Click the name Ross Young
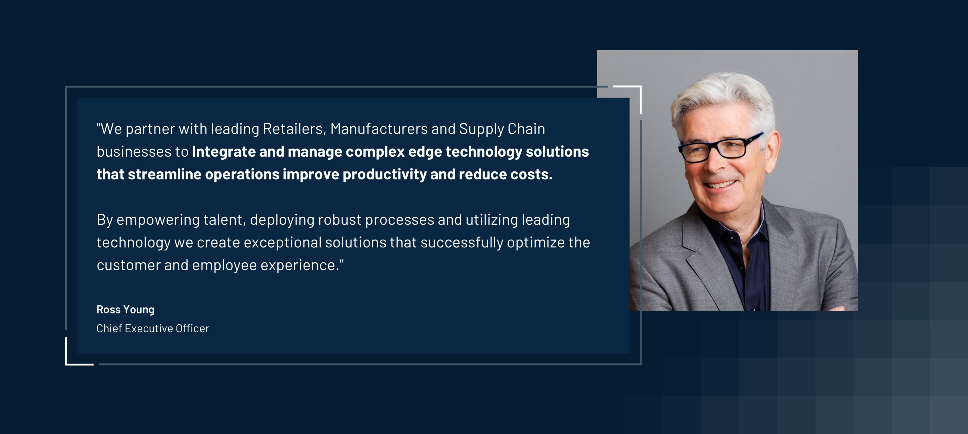126,310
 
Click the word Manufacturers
379,129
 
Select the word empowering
158,220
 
